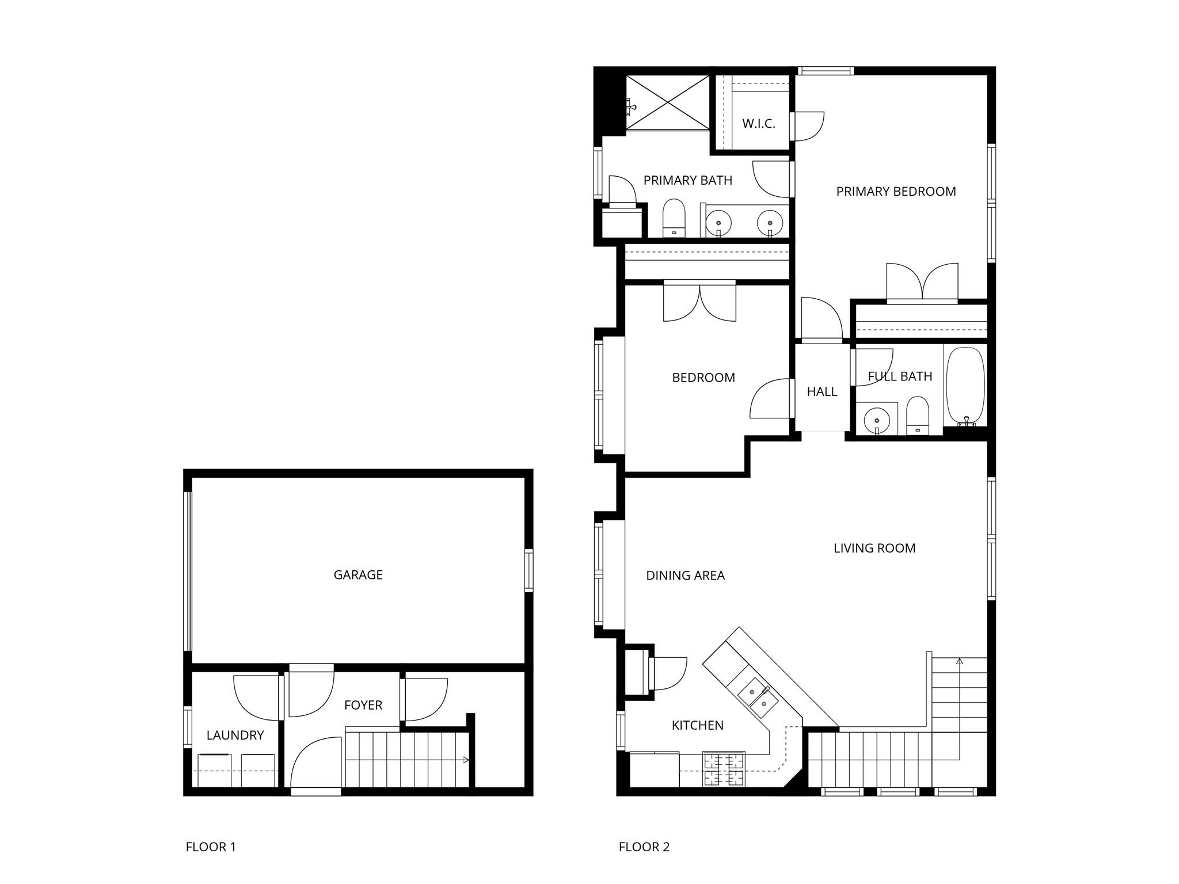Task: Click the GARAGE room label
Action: [x=357, y=574]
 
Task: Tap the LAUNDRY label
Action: [x=235, y=735]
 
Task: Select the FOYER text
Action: [x=363, y=705]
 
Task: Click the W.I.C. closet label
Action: [x=758, y=123]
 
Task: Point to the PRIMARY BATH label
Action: [x=687, y=180]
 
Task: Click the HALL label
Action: [x=822, y=391]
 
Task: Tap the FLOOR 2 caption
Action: [x=644, y=847]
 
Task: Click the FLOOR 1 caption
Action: [x=210, y=847]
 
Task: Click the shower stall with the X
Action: [x=668, y=102]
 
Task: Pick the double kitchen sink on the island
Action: [x=759, y=697]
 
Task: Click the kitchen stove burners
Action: [x=724, y=769]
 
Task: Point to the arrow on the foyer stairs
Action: [x=465, y=760]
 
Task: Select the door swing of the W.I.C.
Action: [x=809, y=125]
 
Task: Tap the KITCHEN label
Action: [x=697, y=725]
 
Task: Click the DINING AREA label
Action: [x=685, y=576]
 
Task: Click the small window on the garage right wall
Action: [x=528, y=570]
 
